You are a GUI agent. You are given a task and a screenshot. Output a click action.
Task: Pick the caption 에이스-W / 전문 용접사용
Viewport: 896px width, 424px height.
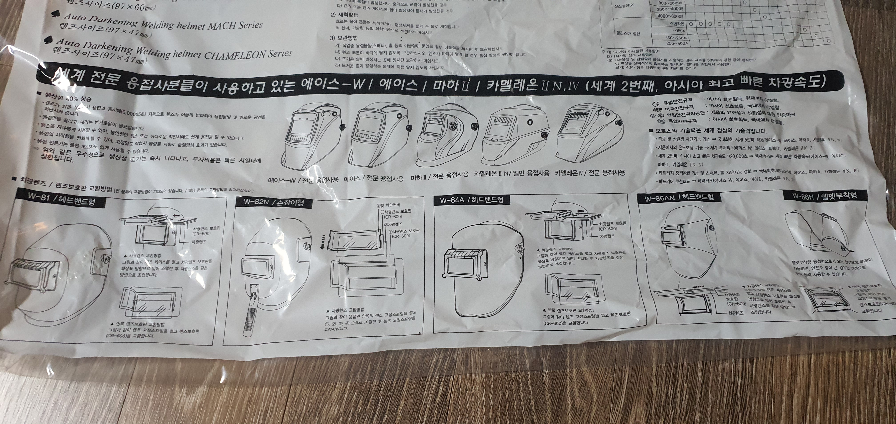303,180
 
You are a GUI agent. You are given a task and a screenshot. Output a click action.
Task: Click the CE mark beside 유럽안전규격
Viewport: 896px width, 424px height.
656,104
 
